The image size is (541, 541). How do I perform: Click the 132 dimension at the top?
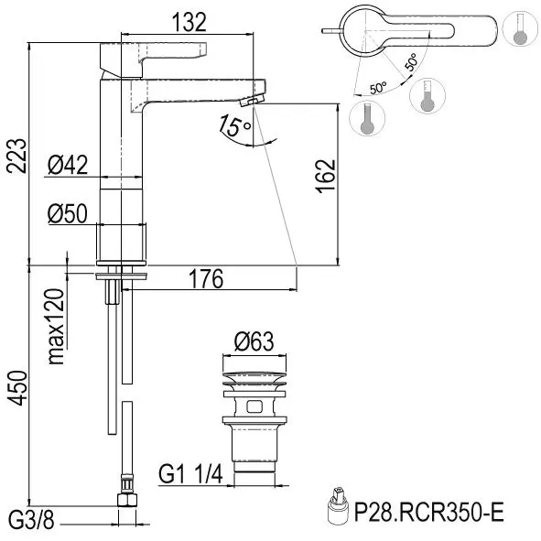[x=189, y=22]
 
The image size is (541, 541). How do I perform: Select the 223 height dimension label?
[x=16, y=156]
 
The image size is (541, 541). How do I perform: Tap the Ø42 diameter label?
[x=68, y=165]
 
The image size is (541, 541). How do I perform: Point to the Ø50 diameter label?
[x=68, y=213]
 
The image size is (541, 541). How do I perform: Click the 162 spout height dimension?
[x=326, y=176]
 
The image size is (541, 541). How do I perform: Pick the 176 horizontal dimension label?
[x=206, y=279]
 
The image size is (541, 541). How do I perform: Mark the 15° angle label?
[x=234, y=125]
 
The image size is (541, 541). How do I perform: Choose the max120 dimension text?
[x=56, y=327]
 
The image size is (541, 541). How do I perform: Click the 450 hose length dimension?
[x=16, y=388]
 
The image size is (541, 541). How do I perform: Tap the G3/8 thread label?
[x=31, y=520]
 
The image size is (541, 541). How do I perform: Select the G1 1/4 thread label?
[x=190, y=474]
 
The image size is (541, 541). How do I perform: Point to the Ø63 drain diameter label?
[x=254, y=341]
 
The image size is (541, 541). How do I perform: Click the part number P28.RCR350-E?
[x=429, y=513]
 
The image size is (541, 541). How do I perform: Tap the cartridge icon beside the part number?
[x=337, y=507]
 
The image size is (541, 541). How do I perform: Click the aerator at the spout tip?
[x=252, y=101]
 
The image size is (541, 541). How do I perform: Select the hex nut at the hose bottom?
[x=127, y=500]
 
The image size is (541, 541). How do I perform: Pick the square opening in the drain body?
[x=254, y=406]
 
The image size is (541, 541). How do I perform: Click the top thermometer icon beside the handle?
[x=521, y=28]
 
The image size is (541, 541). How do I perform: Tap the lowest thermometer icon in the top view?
[x=367, y=119]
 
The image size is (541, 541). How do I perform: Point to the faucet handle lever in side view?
[x=153, y=59]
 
